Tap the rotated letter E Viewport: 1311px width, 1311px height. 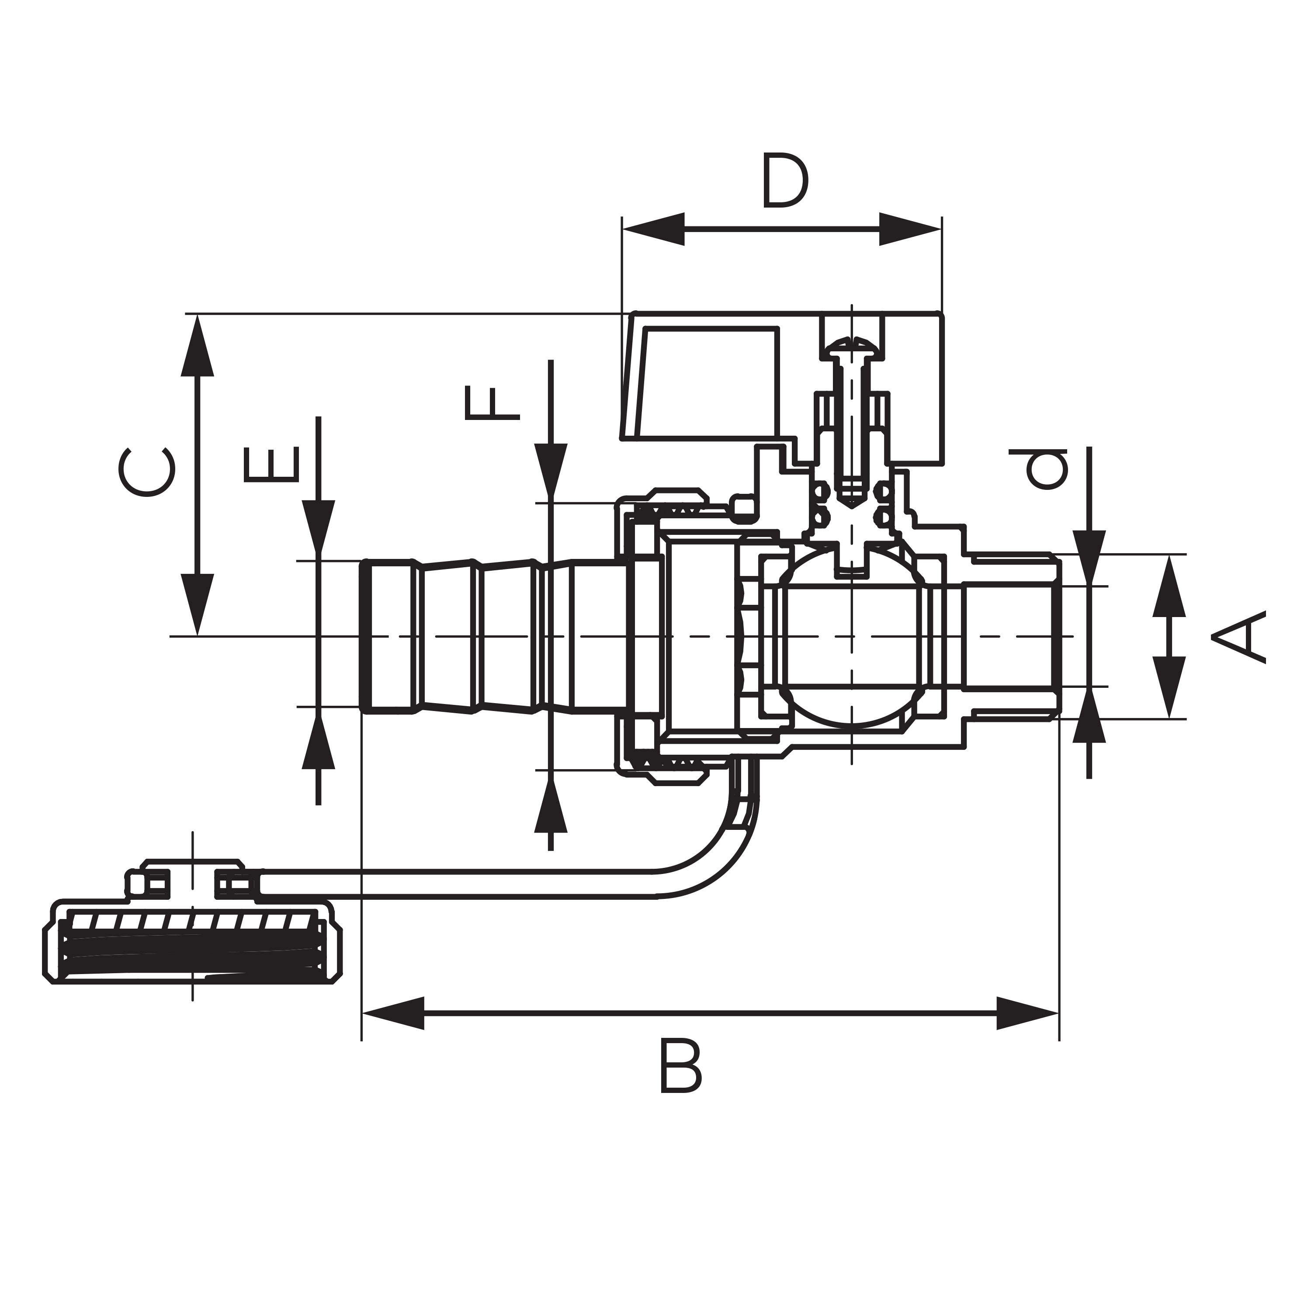(271, 464)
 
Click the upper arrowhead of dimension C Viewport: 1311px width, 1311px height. (198, 346)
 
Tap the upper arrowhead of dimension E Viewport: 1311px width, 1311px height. (318, 526)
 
